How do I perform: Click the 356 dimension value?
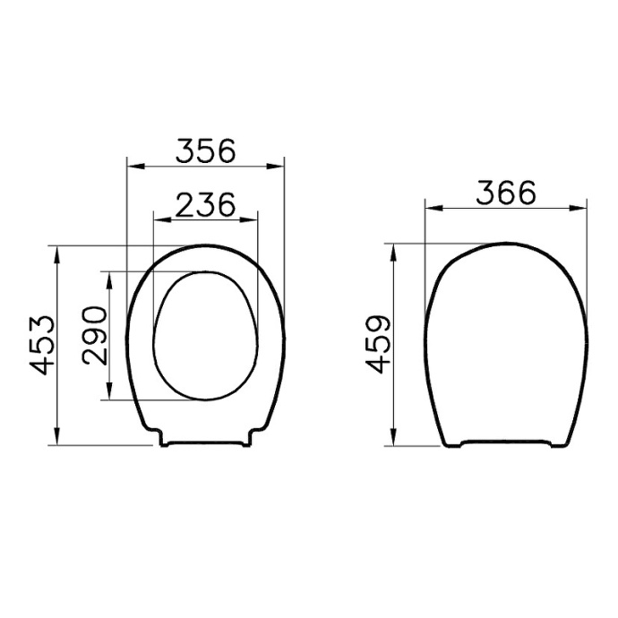(x=205, y=150)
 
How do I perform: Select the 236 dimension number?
(x=205, y=204)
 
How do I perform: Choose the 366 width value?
(x=505, y=193)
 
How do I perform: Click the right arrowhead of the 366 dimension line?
(x=581, y=208)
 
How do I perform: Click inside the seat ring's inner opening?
(x=205, y=336)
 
